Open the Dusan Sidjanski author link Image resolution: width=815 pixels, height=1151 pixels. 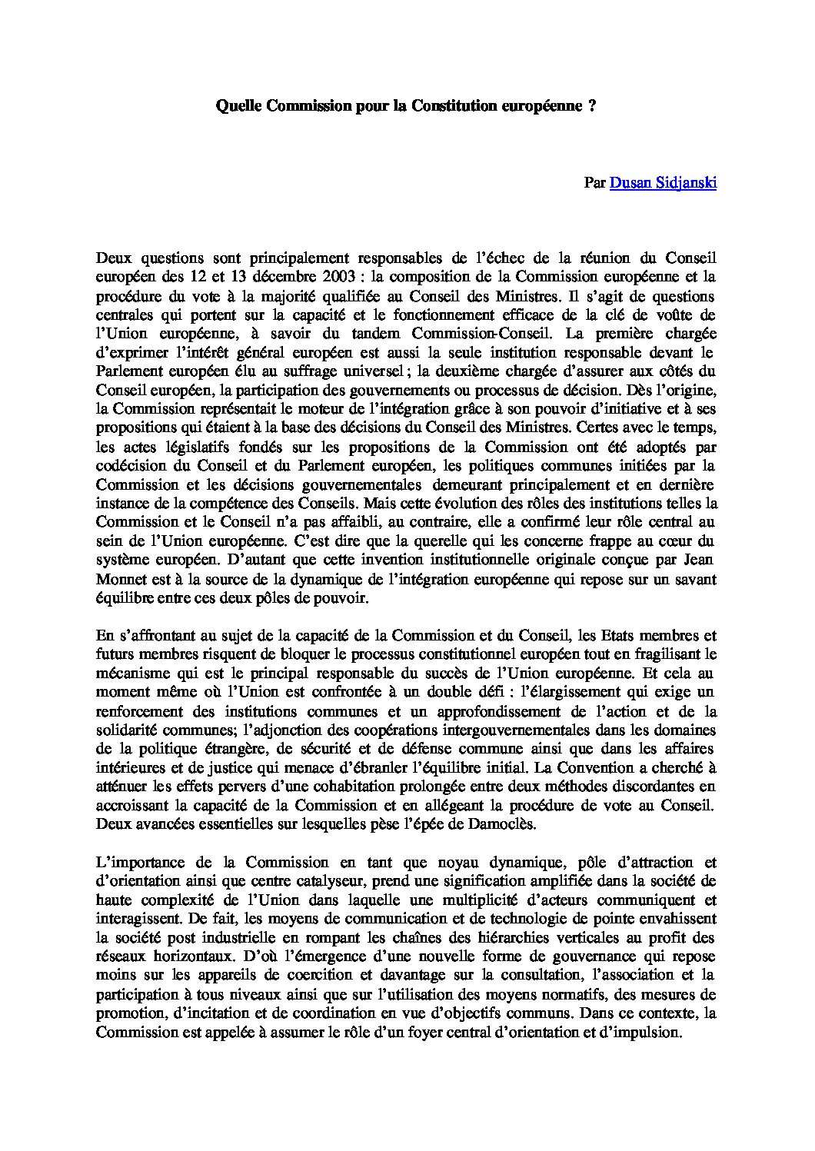click(x=663, y=183)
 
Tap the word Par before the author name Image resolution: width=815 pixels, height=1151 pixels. click(x=594, y=183)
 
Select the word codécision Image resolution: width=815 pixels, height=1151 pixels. click(x=128, y=466)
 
